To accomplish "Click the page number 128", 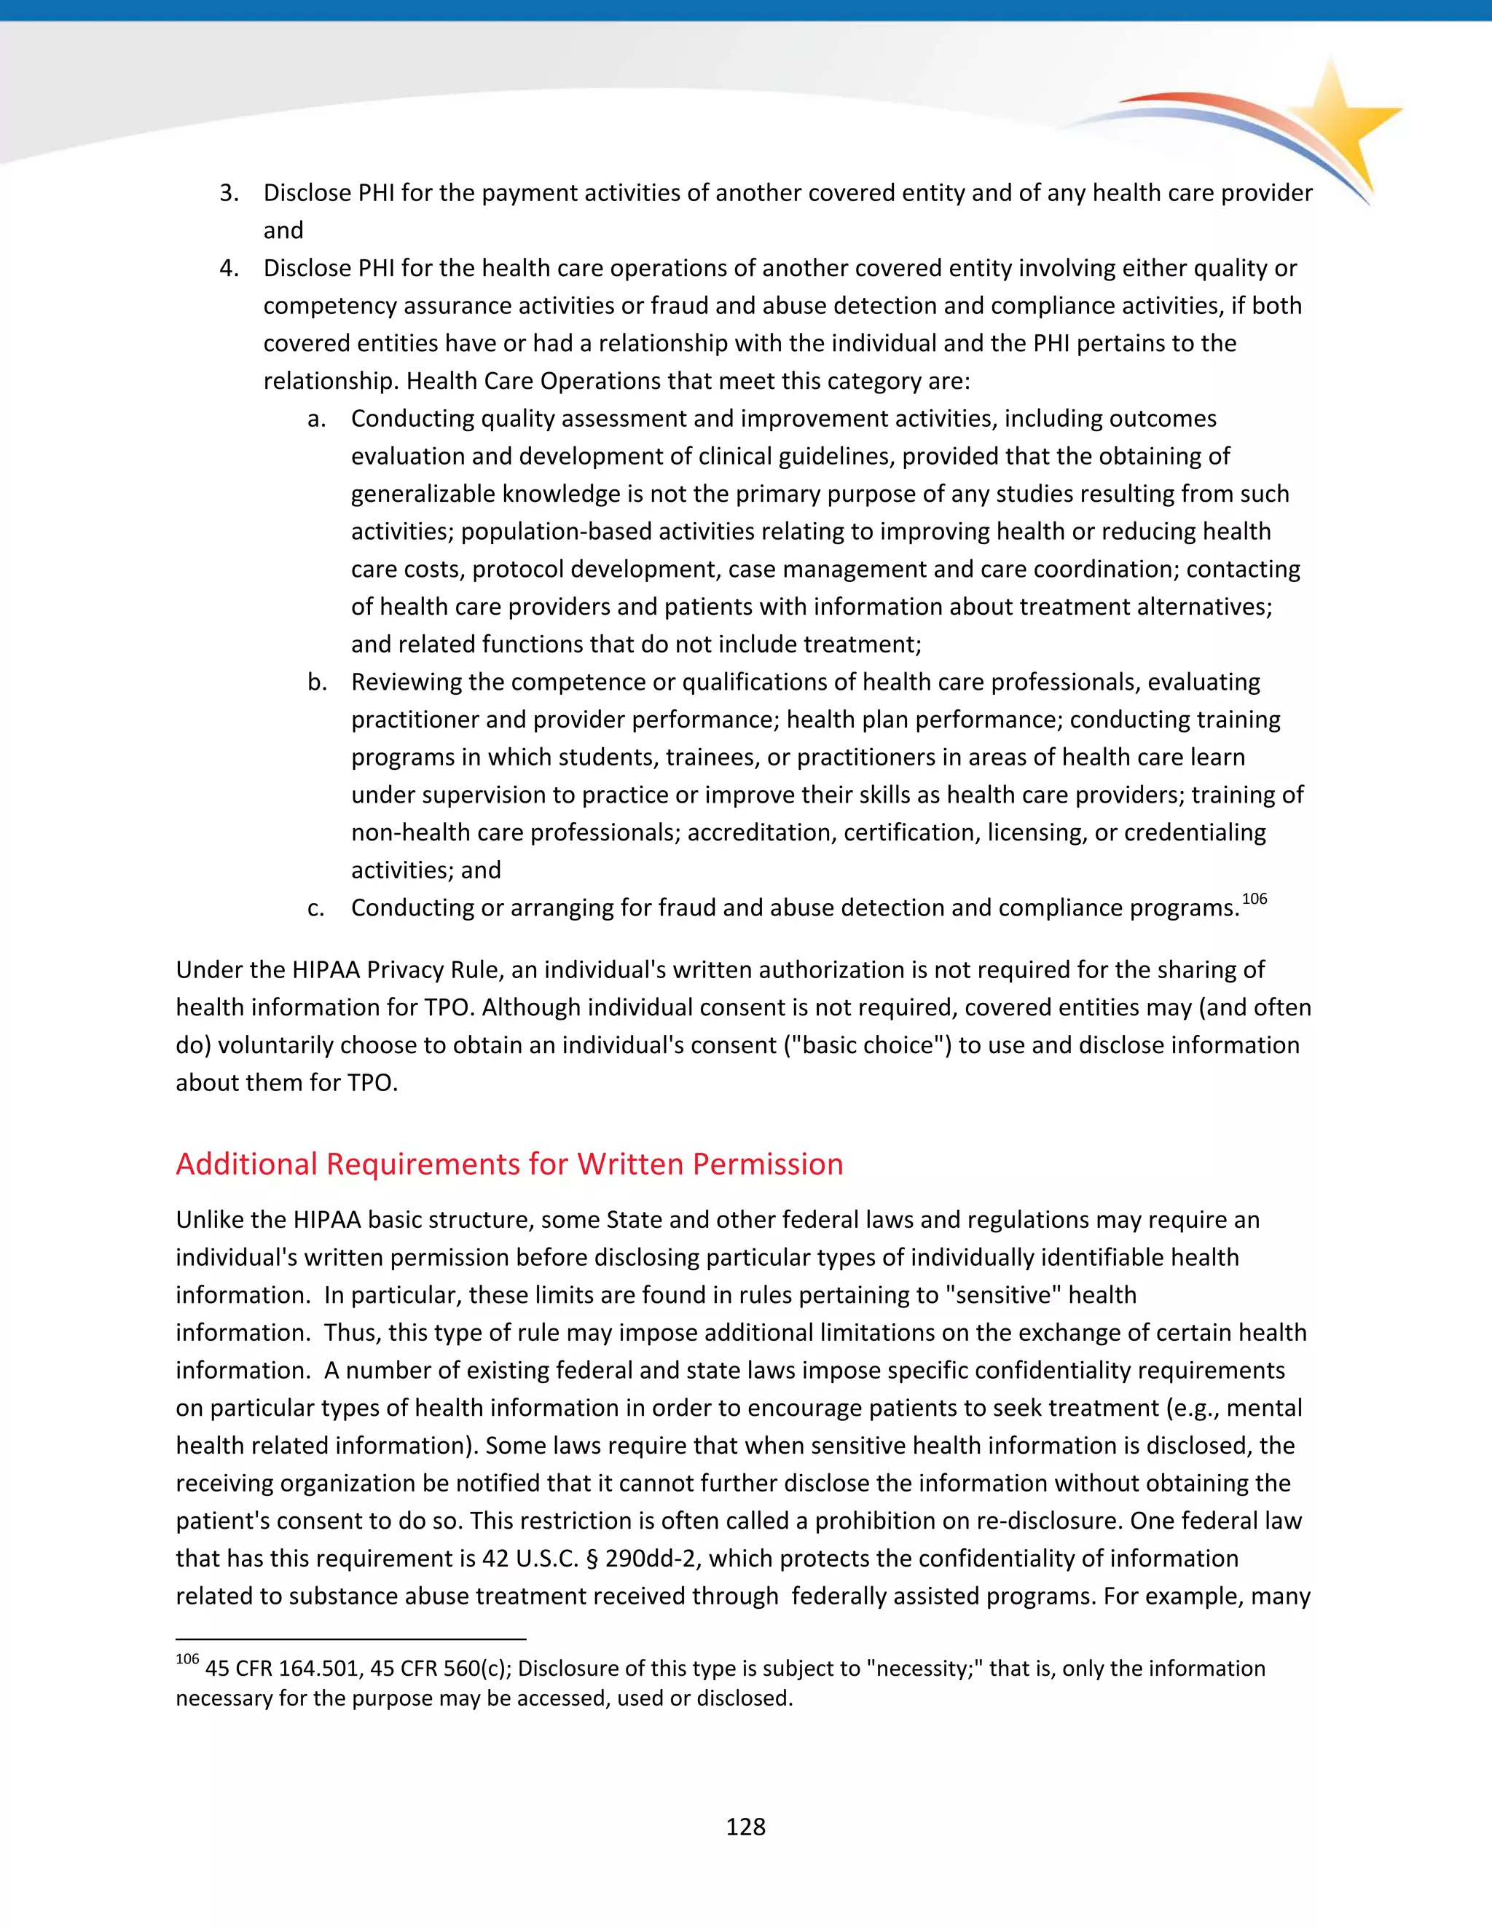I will click(x=745, y=1827).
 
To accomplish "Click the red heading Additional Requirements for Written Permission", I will click(x=509, y=1164).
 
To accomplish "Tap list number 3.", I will click(x=229, y=193).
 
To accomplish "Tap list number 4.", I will click(x=229, y=268).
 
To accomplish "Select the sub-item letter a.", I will click(x=316, y=419).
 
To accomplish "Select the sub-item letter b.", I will click(x=316, y=682).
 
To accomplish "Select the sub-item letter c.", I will click(x=315, y=908).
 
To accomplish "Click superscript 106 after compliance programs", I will click(x=1255, y=899).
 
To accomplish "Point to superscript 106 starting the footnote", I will click(x=187, y=1658).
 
